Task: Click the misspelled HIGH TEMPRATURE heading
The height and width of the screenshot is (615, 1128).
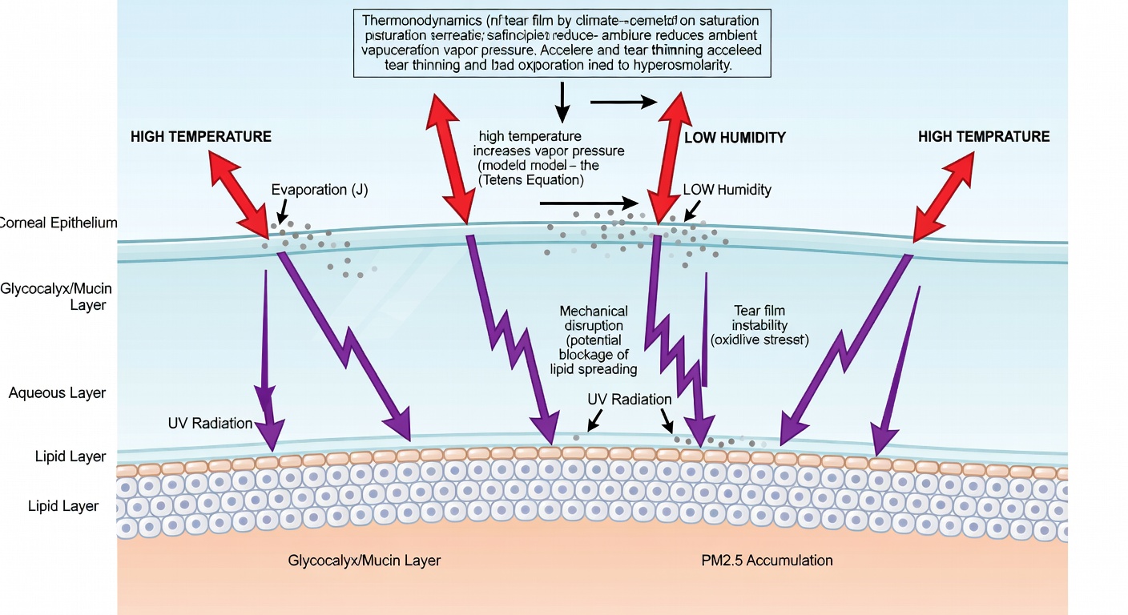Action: (984, 137)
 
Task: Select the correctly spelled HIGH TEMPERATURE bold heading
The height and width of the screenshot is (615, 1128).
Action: (201, 137)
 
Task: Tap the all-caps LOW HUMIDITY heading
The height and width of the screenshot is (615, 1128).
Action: (735, 138)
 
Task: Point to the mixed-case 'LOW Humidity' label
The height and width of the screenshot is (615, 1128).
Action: (727, 190)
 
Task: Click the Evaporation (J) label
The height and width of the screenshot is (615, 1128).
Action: (320, 190)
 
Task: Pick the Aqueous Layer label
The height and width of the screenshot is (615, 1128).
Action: (57, 393)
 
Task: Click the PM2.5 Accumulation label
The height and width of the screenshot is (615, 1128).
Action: (767, 561)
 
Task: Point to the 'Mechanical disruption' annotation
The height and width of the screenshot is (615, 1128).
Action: (594, 319)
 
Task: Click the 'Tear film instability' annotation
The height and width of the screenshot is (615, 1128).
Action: (760, 318)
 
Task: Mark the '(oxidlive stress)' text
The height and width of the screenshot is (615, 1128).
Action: (760, 340)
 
